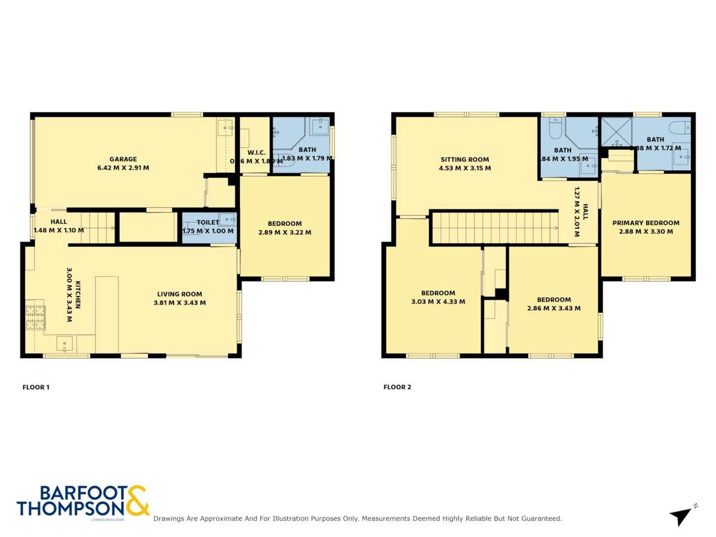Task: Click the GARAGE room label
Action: coord(123,159)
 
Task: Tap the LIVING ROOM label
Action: coord(180,294)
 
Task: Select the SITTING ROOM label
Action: coord(465,160)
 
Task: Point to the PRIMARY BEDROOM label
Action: coord(646,223)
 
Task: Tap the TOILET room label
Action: coord(208,223)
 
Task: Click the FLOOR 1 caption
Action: coord(36,387)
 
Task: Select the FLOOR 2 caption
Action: coord(397,387)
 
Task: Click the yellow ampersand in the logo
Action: coord(137,500)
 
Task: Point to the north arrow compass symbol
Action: coord(682,516)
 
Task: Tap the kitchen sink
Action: coord(64,344)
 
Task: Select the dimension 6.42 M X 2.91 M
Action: coord(123,168)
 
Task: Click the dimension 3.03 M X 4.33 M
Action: coord(438,301)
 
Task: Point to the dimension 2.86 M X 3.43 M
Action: coord(554,308)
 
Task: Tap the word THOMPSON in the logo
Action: coord(70,508)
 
